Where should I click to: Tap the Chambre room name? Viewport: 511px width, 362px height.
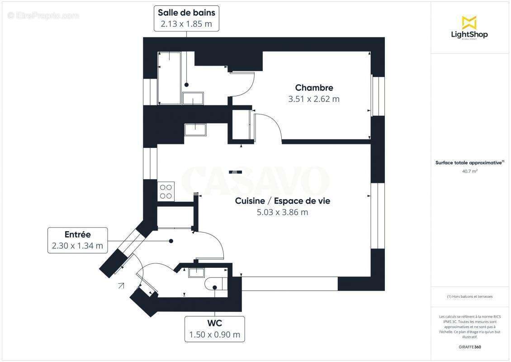pyautogui.click(x=314, y=88)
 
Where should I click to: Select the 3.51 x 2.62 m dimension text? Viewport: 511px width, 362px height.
pyautogui.click(x=314, y=99)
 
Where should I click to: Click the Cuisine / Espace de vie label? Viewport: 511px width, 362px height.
pyautogui.click(x=282, y=201)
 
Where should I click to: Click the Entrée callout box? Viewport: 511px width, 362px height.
pyautogui.click(x=77, y=240)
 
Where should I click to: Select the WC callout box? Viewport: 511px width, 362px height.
pyautogui.click(x=214, y=329)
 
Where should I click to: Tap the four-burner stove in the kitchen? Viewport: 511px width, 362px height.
pyautogui.click(x=166, y=191)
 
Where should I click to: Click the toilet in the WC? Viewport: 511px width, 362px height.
pyautogui.click(x=213, y=285)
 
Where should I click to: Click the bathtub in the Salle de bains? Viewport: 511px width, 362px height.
pyautogui.click(x=169, y=78)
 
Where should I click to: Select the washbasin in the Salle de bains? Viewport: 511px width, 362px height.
pyautogui.click(x=193, y=98)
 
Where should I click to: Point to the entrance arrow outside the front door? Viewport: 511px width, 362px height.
pyautogui.click(x=121, y=285)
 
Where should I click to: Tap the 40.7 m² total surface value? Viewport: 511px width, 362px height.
pyautogui.click(x=470, y=171)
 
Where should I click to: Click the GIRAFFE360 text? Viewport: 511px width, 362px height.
pyautogui.click(x=470, y=347)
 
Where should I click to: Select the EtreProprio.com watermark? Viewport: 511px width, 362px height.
pyautogui.click(x=43, y=15)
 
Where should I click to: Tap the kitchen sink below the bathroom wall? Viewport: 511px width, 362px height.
pyautogui.click(x=195, y=129)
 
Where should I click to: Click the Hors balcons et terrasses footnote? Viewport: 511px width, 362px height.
pyautogui.click(x=470, y=297)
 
